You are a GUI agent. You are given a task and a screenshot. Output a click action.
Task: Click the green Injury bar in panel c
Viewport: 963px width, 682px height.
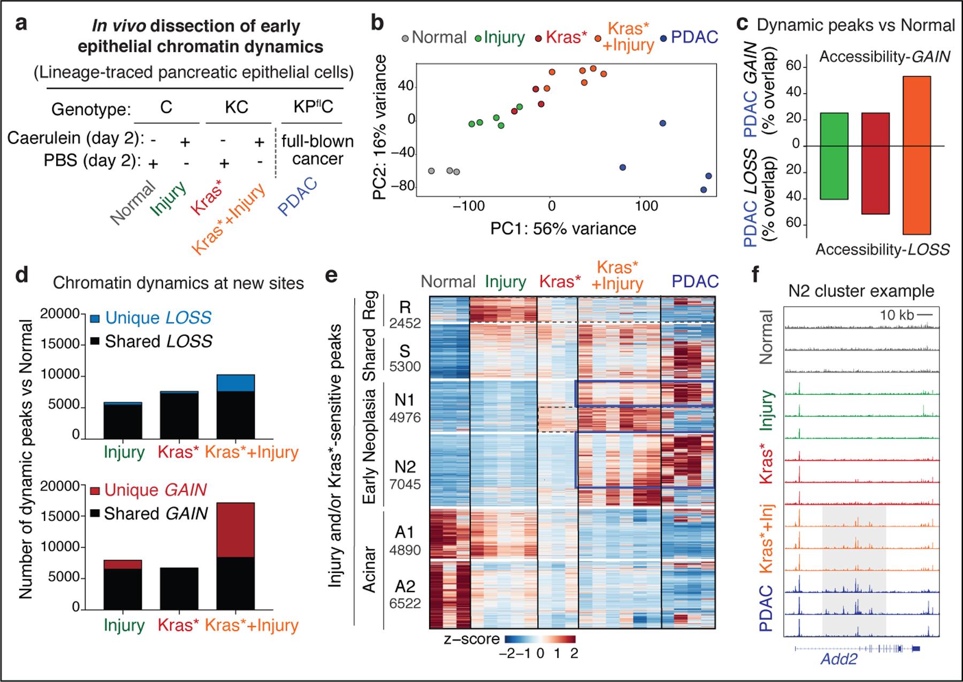834,156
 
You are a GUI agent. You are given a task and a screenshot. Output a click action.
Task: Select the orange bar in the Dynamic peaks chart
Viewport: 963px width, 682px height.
917,155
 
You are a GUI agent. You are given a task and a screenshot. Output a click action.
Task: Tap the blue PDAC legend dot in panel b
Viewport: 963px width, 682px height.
663,38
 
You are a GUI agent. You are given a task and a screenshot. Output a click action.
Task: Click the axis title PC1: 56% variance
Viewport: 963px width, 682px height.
563,229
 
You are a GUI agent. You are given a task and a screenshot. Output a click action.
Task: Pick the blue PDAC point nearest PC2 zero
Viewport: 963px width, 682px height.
662,123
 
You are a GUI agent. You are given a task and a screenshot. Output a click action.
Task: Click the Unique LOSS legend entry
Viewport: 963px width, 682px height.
158,318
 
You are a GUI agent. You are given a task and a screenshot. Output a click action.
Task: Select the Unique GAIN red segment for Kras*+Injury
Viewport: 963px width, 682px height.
235,530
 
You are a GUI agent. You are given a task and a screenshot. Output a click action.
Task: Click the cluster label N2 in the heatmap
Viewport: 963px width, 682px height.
404,466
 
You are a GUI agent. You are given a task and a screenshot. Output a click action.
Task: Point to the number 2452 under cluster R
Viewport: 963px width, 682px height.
404,324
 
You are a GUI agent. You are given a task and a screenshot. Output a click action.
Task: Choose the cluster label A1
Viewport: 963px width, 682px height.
404,532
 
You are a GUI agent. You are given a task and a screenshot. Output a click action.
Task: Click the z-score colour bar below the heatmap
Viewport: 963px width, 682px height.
539,639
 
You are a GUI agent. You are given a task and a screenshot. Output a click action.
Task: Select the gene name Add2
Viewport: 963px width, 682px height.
839,659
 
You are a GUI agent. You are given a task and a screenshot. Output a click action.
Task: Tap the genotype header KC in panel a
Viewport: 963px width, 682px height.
236,108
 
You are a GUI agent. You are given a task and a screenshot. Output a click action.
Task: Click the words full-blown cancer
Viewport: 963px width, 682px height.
318,150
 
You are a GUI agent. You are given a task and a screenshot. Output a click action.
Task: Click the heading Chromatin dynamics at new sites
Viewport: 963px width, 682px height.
178,283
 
